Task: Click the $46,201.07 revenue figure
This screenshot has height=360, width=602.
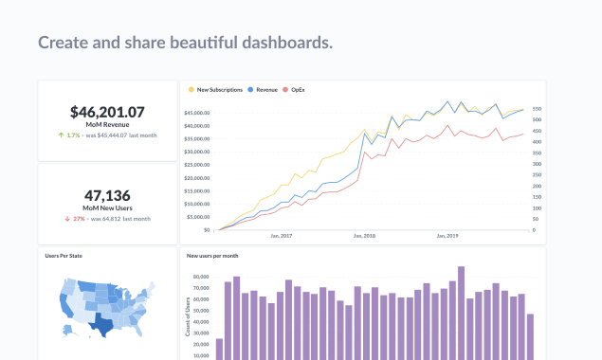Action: pos(107,111)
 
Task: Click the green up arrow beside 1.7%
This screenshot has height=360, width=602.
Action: pos(62,135)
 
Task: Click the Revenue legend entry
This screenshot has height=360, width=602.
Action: pos(263,90)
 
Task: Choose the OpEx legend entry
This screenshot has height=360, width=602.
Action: pos(301,90)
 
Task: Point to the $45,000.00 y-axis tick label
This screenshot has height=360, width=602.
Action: pos(196,113)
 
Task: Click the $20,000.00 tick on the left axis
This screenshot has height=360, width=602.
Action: pos(196,178)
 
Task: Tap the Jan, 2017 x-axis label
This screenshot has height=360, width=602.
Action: pos(283,237)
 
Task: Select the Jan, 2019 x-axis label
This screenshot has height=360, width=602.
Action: pos(447,237)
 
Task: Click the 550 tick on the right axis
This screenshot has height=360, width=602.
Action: pos(537,109)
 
